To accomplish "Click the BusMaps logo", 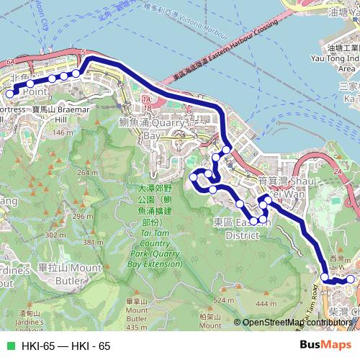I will (x=325, y=346).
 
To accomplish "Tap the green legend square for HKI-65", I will (x=9, y=346).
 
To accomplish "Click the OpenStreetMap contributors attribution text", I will (x=297, y=323).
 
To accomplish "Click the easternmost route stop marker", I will (x=351, y=279).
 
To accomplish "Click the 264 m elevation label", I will (x=87, y=173).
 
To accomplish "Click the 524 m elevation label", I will (x=220, y=300).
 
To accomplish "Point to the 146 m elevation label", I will (x=63, y=132).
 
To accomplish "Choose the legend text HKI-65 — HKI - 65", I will (x=66, y=346).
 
